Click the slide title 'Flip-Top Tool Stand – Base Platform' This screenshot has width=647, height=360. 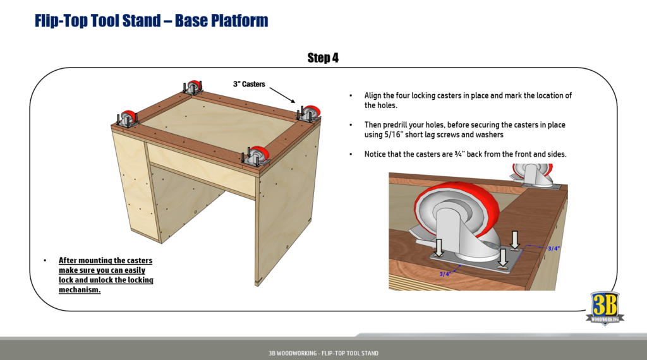pos(152,21)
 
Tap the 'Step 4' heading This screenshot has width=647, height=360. pos(323,58)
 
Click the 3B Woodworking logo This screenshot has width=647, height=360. pos(605,308)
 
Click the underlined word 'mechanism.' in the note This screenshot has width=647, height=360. pos(80,290)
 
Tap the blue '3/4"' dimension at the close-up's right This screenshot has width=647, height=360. pos(553,248)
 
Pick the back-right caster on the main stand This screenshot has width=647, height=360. pos(310,113)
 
